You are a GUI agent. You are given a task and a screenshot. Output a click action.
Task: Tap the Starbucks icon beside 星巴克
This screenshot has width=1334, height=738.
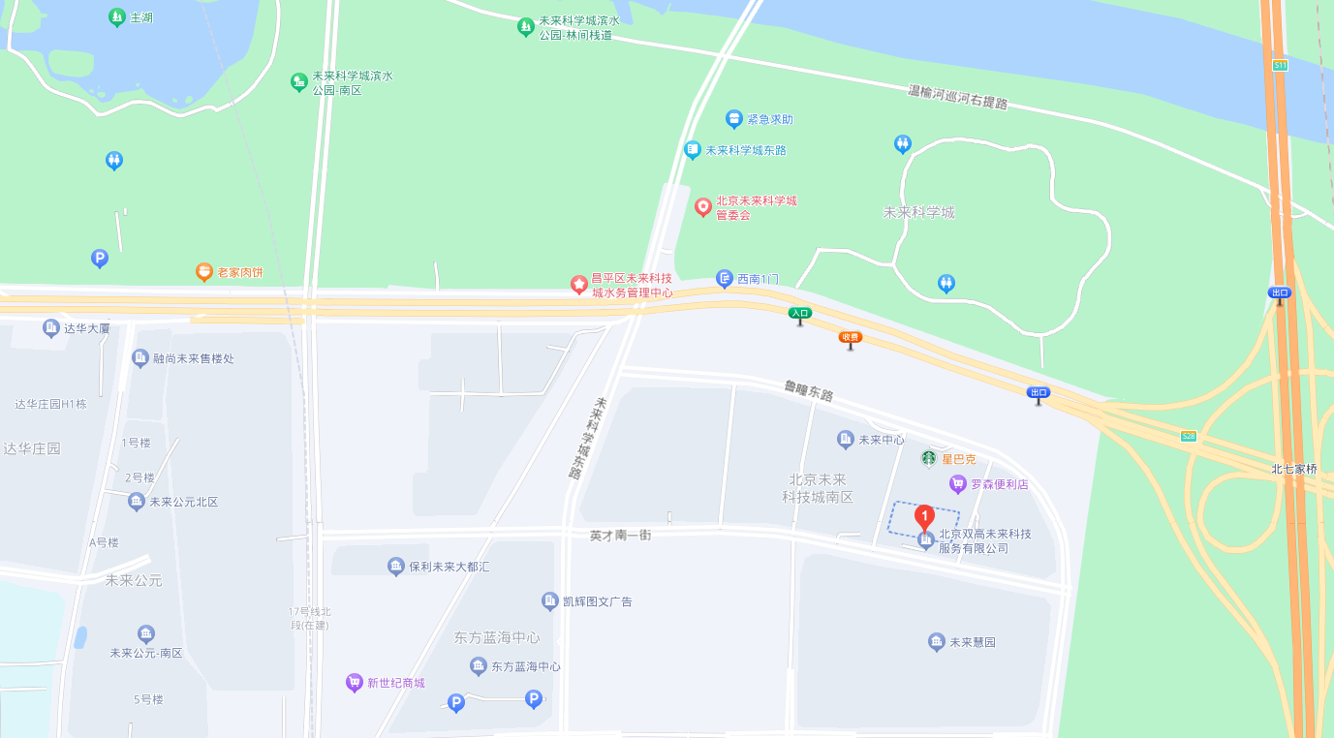click(928, 458)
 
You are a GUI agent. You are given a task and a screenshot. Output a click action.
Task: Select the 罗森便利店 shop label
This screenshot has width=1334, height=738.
click(1000, 483)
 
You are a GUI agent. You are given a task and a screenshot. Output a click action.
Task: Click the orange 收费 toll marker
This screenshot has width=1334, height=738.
click(851, 338)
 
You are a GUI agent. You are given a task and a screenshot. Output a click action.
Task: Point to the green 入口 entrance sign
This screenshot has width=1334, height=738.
click(799, 314)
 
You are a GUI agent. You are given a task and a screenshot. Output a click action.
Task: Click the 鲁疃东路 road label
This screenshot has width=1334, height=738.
click(809, 391)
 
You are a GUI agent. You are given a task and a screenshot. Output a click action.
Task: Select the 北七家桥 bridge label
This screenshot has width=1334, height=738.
click(1294, 469)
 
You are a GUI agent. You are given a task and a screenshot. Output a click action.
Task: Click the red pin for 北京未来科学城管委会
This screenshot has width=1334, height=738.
click(703, 206)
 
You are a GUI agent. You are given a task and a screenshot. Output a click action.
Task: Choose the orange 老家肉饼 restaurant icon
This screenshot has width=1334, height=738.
click(203, 272)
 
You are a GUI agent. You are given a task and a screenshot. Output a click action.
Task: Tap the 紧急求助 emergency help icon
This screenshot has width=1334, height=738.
click(734, 119)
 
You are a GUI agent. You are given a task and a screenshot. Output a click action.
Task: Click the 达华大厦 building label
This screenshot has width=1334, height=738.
click(86, 328)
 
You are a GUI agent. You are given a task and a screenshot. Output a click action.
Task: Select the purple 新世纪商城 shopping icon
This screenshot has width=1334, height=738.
click(355, 683)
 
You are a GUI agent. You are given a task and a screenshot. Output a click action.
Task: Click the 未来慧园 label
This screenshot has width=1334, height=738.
click(972, 642)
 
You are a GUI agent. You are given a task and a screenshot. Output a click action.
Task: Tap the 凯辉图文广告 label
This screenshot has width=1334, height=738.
click(597, 601)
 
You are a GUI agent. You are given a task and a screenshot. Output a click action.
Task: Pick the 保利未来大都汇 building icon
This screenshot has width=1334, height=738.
click(395, 567)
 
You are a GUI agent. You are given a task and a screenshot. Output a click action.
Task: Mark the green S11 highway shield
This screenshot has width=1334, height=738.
click(1280, 65)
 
